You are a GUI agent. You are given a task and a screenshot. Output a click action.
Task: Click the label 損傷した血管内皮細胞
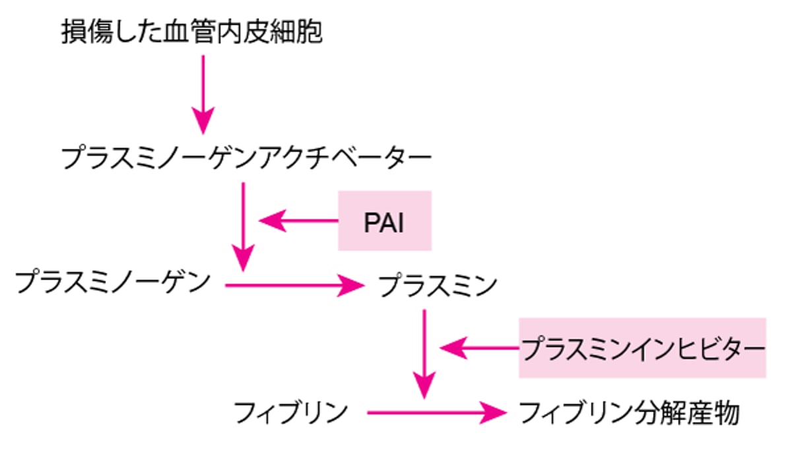click(x=192, y=31)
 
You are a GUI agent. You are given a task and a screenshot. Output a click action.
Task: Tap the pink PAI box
click(x=385, y=221)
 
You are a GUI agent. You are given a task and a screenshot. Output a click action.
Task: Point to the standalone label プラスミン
click(x=438, y=285)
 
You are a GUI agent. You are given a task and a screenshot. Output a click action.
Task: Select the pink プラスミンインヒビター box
click(x=642, y=347)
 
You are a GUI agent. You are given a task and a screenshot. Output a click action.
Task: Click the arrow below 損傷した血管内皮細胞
click(x=203, y=92)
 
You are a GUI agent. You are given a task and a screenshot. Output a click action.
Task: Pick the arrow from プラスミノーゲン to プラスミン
click(x=294, y=285)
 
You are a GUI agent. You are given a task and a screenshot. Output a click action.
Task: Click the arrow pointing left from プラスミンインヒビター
click(x=479, y=347)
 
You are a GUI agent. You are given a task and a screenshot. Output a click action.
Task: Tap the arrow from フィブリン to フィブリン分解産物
click(x=436, y=413)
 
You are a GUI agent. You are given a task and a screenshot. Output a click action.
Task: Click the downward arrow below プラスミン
click(x=424, y=353)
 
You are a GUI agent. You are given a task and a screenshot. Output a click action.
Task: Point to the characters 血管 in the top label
click(x=192, y=31)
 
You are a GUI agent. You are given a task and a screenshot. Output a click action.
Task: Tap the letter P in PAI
click(x=371, y=222)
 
